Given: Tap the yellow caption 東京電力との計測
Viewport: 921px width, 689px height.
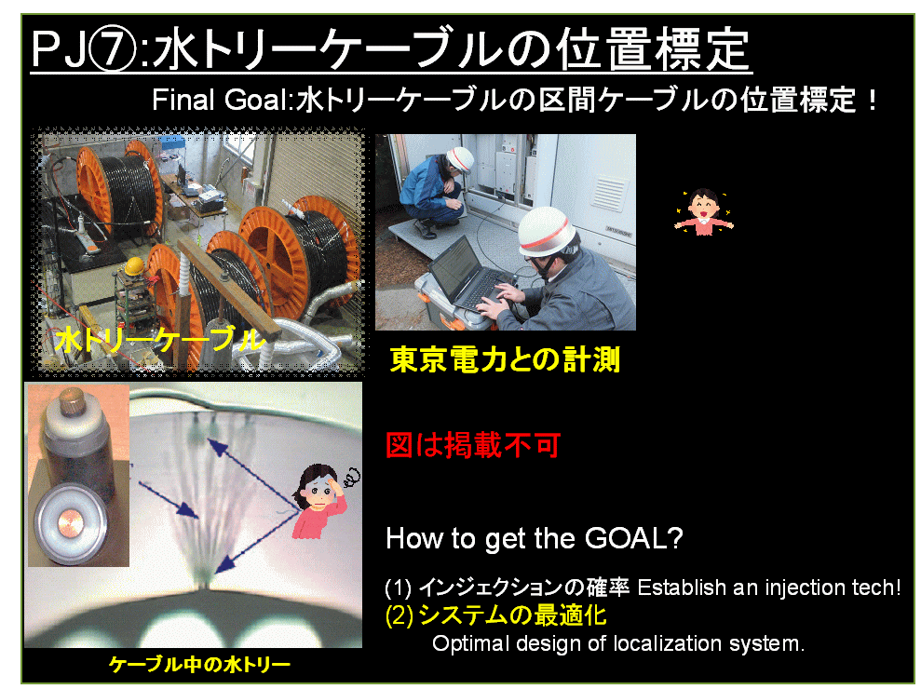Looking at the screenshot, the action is [x=505, y=359].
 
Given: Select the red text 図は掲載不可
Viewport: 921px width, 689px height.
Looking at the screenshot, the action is [x=473, y=445].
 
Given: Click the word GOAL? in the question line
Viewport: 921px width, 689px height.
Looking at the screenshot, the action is [x=634, y=537].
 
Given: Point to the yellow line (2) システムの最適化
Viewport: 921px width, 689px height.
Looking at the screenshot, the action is [x=495, y=615].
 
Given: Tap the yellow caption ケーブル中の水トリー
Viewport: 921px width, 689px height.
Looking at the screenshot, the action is [x=199, y=665].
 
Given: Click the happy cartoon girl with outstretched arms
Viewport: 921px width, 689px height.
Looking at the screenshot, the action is [x=704, y=212].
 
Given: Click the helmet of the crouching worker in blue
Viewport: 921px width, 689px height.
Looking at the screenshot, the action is [x=460, y=160].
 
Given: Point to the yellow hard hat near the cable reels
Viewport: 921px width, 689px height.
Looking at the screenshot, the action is [x=134, y=265].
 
